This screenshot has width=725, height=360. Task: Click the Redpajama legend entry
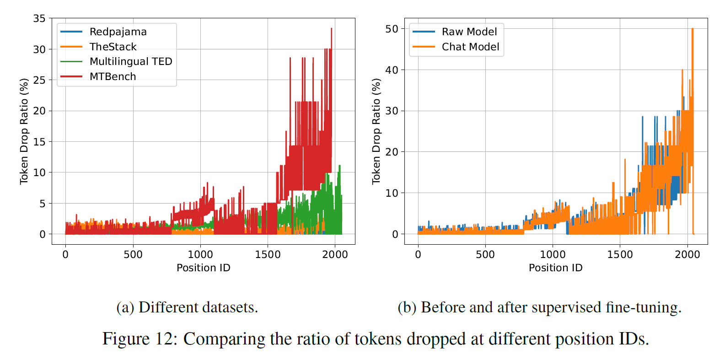(118, 32)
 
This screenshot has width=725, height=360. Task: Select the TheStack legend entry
(113, 47)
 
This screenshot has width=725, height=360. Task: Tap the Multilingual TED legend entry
(131, 61)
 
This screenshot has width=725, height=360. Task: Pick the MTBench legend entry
(113, 76)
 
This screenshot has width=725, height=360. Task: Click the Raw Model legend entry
(469, 32)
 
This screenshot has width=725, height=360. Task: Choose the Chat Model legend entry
(470, 47)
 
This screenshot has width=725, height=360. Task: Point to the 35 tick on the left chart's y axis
(40, 18)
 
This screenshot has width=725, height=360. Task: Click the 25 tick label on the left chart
(40, 80)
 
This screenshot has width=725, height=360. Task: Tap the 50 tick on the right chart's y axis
(392, 29)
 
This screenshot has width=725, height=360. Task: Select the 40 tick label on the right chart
(392, 70)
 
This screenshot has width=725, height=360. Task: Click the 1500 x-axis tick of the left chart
(268, 254)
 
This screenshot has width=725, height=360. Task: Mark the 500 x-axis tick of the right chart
(485, 254)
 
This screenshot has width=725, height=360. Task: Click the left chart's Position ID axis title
(204, 268)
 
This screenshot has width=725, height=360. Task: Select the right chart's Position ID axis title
(556, 268)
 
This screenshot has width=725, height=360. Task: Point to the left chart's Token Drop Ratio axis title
(24, 131)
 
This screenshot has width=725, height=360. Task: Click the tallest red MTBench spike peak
(331, 28)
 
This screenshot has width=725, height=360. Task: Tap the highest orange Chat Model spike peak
(693, 29)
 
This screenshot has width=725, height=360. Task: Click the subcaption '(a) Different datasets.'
(187, 307)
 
